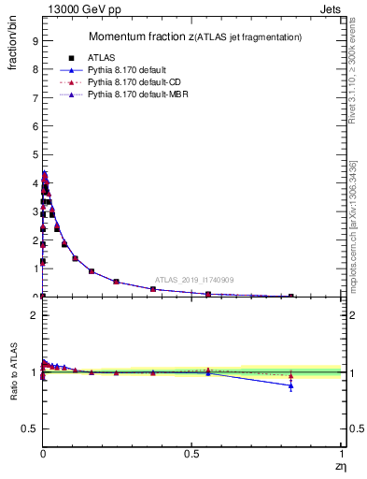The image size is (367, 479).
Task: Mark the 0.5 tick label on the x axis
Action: pyautogui.click(x=191, y=455)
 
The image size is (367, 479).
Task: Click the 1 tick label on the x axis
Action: pyautogui.click(x=341, y=455)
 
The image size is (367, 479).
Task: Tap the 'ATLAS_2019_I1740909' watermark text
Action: pyautogui.click(x=193, y=280)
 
